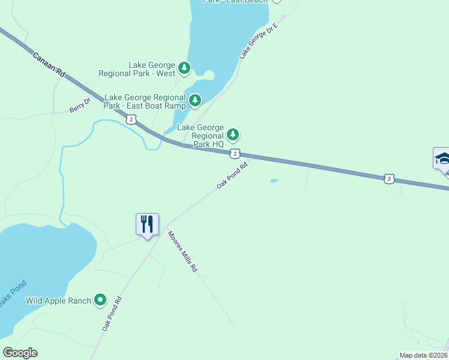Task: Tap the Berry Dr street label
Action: [x=79, y=106]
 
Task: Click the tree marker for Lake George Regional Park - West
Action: [x=184, y=68]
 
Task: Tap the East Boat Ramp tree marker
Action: [x=195, y=101]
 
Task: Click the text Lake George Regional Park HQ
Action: [x=200, y=136]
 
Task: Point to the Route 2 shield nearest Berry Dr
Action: [x=131, y=120]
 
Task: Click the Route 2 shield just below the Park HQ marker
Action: [x=235, y=154]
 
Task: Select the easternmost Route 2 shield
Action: [x=390, y=178]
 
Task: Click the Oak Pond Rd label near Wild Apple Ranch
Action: [x=112, y=314]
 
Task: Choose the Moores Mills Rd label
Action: [x=182, y=252]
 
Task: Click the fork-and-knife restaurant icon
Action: [x=147, y=225]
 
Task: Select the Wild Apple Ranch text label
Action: [x=58, y=301]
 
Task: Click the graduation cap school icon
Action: [x=442, y=159]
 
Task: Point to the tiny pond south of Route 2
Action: [x=274, y=181]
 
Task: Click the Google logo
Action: [x=20, y=353]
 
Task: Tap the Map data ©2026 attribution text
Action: [x=423, y=355]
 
